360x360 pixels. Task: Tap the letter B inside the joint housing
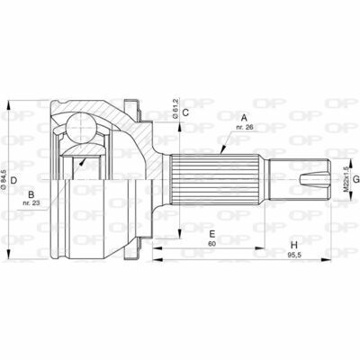point(31,193)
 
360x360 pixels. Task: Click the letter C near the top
point(184,113)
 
